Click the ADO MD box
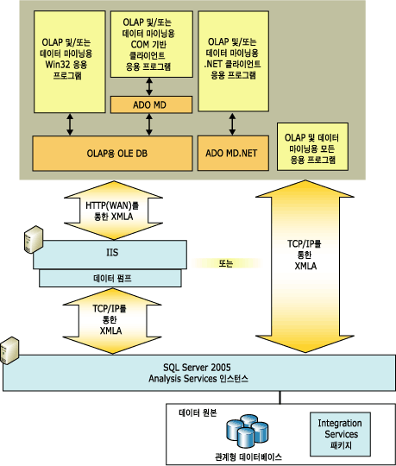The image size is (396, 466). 150,104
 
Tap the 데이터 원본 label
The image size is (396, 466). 201,412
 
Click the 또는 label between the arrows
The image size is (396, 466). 225,262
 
